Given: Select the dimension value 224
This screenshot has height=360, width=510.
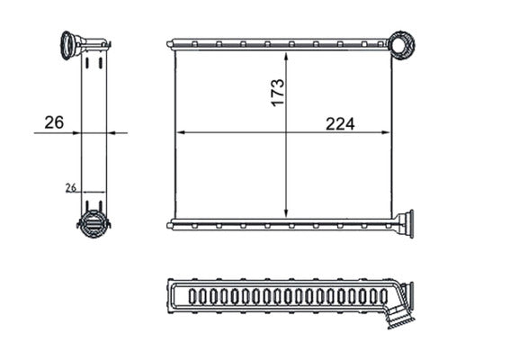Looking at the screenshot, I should (x=340, y=123).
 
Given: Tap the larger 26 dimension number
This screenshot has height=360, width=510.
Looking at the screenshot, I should (x=54, y=122).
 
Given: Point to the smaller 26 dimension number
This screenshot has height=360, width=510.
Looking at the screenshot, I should (x=70, y=187).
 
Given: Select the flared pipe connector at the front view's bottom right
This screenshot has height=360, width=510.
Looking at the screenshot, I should (x=404, y=223).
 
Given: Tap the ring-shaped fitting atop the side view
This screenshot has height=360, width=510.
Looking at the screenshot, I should (x=70, y=44).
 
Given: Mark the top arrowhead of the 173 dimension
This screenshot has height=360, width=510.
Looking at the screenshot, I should (x=286, y=55).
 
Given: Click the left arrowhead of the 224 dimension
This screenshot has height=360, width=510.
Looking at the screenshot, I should (x=179, y=132).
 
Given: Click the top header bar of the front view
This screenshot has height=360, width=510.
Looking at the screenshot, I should (x=279, y=43).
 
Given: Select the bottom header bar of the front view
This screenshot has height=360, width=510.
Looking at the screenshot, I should (x=279, y=223).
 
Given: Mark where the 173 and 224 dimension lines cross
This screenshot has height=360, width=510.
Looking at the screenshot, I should (x=286, y=132).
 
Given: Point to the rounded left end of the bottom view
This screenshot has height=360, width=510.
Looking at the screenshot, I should (x=171, y=296).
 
